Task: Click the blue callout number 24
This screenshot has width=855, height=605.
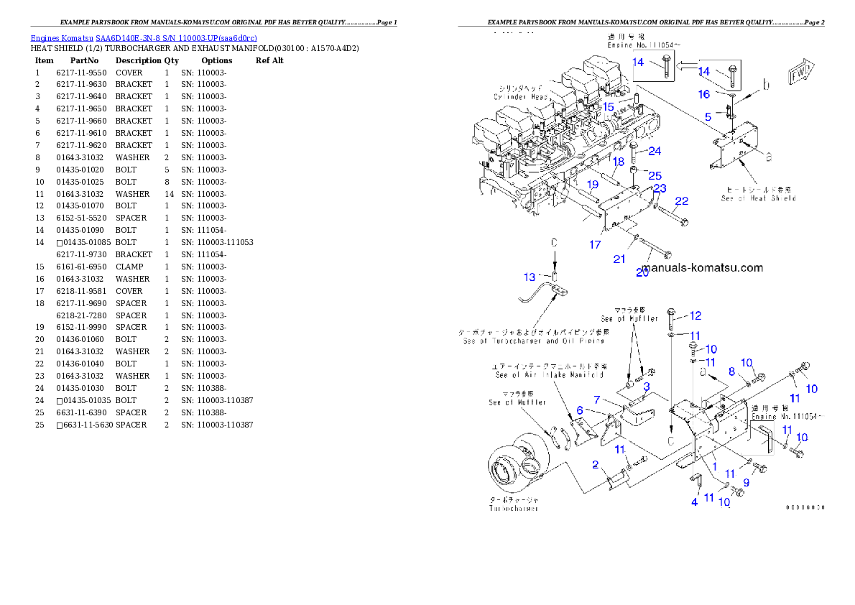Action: pos(655,152)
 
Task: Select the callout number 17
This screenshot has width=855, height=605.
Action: pos(595,245)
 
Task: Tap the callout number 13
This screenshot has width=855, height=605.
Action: pos(530,277)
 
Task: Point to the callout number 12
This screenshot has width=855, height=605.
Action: pos(695,315)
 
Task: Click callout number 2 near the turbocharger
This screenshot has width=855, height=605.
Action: pos(595,465)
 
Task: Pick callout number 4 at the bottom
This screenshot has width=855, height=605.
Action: pos(694,502)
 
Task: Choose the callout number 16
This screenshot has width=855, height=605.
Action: pos(704,94)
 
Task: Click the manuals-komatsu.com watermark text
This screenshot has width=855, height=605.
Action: pos(693,267)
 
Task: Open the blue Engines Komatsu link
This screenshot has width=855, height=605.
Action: pos(144,37)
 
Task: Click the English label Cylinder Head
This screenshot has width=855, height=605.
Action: pos(520,96)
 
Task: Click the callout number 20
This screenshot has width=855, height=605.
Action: pos(642,272)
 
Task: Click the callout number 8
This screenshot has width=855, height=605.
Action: pos(732,371)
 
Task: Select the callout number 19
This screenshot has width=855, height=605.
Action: pos(592,184)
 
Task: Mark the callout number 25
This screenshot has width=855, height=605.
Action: pos(655,175)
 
